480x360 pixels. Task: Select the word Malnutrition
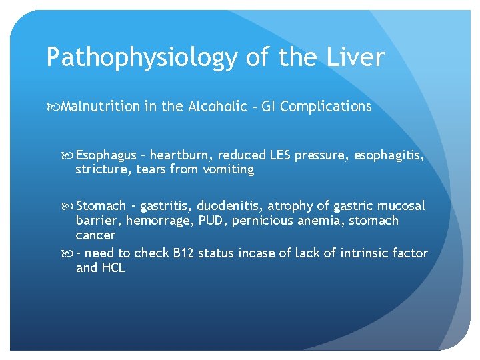100,107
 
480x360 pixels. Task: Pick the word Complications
326,107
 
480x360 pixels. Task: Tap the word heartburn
179,155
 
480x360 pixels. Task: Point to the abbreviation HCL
112,268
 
